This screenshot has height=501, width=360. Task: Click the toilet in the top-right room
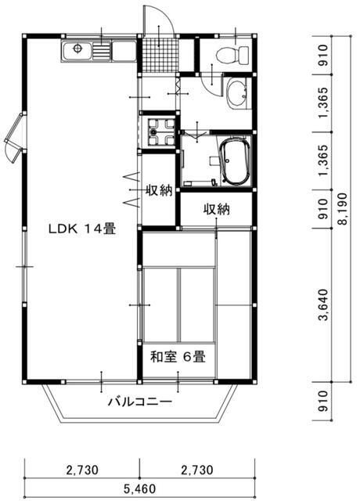(232, 55)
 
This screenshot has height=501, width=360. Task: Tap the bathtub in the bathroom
(235, 162)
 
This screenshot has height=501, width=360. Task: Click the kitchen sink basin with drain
(77, 50)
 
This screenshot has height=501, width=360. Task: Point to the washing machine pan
(159, 132)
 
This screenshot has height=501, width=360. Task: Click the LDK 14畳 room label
(81, 229)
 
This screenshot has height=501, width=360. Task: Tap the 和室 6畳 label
(178, 357)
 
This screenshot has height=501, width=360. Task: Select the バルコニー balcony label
(140, 402)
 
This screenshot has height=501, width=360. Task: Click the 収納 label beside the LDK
(159, 191)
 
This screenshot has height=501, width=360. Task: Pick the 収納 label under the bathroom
(217, 210)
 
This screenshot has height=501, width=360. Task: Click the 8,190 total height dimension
(344, 209)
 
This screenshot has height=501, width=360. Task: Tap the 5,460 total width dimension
(139, 488)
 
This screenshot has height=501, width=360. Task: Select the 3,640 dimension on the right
(323, 305)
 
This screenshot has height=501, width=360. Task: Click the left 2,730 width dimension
(82, 470)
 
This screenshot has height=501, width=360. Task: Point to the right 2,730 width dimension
(196, 470)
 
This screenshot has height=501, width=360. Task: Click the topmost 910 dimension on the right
(323, 56)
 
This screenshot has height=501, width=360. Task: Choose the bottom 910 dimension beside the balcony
(323, 401)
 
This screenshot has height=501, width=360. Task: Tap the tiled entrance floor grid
(159, 55)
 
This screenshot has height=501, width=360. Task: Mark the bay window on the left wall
(14, 138)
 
